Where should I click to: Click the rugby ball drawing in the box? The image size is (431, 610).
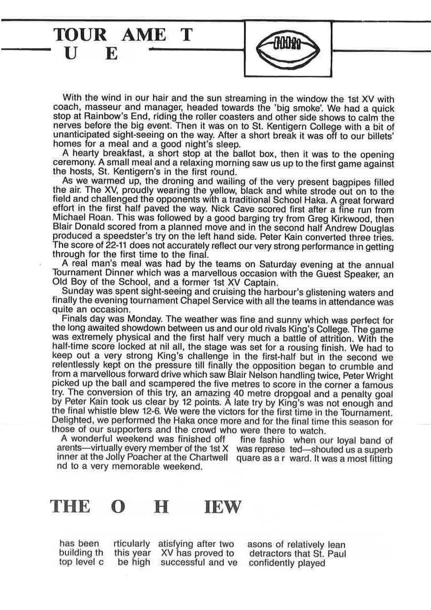coord(288,49)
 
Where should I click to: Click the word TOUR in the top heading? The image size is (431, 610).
coord(80,35)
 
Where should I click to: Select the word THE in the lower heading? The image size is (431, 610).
coord(70,506)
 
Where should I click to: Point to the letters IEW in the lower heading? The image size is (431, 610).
coord(223,506)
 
